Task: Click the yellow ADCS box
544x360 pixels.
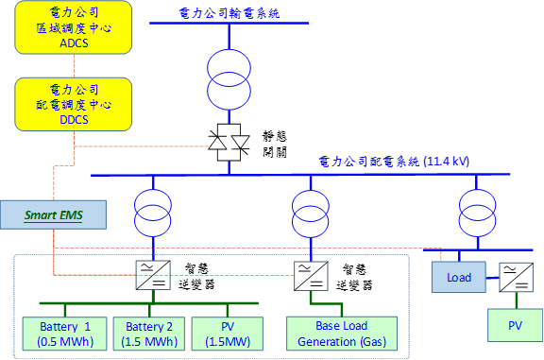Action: [x=74, y=27]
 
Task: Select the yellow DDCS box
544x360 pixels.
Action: [x=74, y=104]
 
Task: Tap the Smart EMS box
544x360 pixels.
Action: [x=54, y=214]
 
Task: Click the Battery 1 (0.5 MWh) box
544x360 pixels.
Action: [x=64, y=334]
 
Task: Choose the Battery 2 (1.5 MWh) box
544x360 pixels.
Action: [x=149, y=334]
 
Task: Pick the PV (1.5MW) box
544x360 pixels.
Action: [x=228, y=334]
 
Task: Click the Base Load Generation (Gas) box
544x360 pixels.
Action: [x=342, y=334]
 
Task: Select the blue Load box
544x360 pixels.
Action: [x=459, y=277]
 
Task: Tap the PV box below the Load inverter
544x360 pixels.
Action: [x=516, y=325]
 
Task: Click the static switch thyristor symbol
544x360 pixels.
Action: [x=229, y=143]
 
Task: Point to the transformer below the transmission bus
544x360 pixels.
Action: [x=229, y=79]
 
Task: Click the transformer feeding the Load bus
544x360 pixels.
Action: [x=477, y=214]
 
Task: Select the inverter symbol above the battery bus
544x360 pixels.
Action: [x=153, y=275]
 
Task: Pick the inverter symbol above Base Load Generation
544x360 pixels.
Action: [x=311, y=276]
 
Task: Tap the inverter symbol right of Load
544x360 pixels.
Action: [x=517, y=278]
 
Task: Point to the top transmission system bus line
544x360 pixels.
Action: [x=229, y=24]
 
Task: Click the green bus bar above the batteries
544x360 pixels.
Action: [x=149, y=303]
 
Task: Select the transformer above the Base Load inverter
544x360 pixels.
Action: [x=311, y=214]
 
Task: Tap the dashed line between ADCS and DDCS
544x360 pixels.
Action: [x=74, y=66]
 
